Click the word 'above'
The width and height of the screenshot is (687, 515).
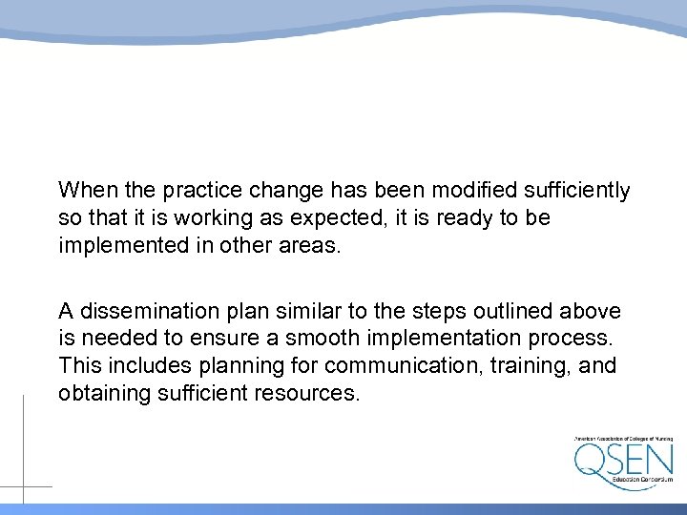click(593, 311)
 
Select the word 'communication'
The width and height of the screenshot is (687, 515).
click(393, 365)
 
